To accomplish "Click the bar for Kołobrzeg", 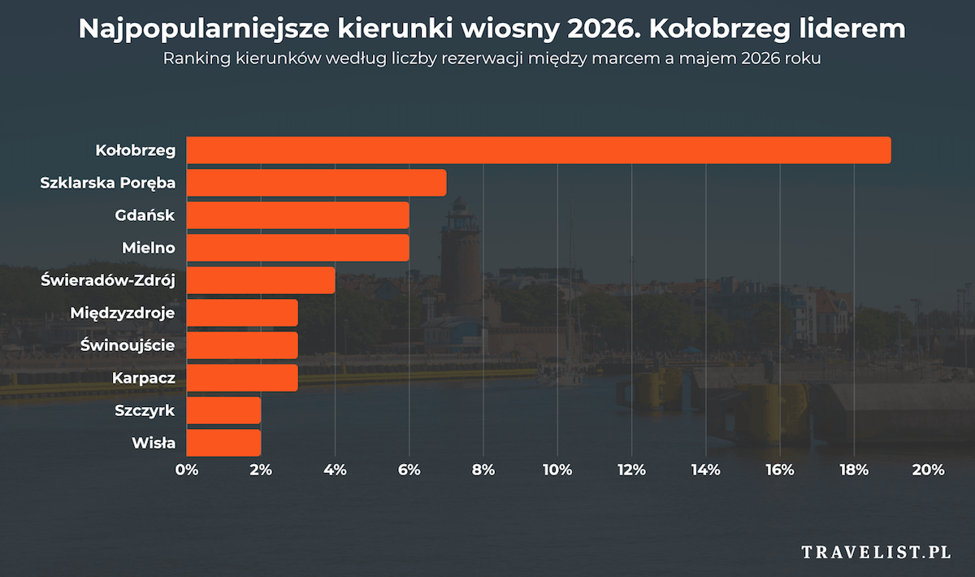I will click(539, 150).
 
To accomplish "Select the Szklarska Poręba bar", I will click(317, 183).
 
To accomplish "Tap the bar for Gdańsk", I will click(298, 215).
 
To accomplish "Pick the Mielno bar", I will click(298, 248).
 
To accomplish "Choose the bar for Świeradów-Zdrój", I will click(261, 280).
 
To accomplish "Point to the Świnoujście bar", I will click(242, 345).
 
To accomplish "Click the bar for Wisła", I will click(224, 443).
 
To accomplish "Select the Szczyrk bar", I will click(224, 410).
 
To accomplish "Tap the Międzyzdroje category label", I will click(123, 313).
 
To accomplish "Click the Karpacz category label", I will click(143, 378).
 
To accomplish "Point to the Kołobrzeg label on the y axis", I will click(135, 150).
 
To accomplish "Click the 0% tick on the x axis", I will click(187, 470).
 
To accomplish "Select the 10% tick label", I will click(557, 470).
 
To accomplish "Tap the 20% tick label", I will click(928, 470).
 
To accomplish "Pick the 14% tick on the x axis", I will click(705, 470).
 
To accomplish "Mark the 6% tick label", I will click(409, 470).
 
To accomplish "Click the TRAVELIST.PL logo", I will click(876, 553).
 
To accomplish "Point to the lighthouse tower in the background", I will click(461, 252).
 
